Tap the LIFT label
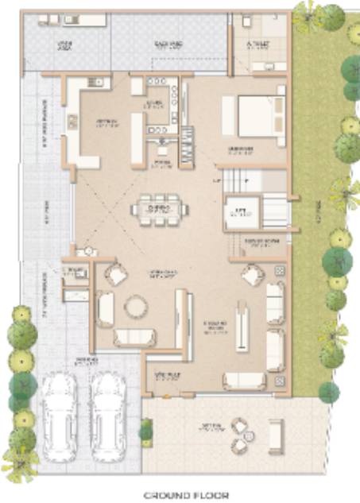point(238,211)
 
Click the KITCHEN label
point(106,122)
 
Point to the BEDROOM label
point(241,149)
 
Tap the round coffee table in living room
point(136,306)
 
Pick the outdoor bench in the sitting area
point(277,434)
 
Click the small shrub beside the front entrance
point(145,432)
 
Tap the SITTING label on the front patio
point(211,426)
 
